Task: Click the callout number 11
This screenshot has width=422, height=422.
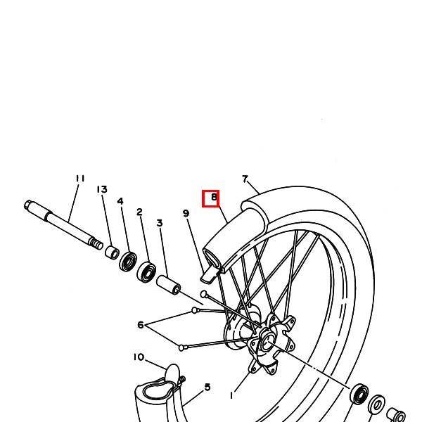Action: (79, 179)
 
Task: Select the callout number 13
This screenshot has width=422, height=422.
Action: (102, 190)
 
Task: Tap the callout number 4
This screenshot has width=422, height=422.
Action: (120, 201)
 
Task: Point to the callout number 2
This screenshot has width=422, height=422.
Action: (139, 212)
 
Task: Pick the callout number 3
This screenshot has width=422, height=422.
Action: (160, 223)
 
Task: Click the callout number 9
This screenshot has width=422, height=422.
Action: (186, 213)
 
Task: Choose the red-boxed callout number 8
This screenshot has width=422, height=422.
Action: (212, 198)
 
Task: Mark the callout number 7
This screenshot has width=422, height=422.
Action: (245, 179)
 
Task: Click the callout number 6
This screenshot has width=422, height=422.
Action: (141, 324)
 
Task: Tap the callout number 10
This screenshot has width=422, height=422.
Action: (139, 357)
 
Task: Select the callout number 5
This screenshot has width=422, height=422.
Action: (207, 387)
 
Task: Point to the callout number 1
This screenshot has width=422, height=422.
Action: (231, 395)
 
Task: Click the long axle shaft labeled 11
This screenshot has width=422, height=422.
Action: (63, 224)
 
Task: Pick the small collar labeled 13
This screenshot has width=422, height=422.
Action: (112, 251)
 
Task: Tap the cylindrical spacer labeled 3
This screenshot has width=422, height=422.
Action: (169, 286)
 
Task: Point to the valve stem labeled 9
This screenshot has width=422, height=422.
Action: (210, 271)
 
